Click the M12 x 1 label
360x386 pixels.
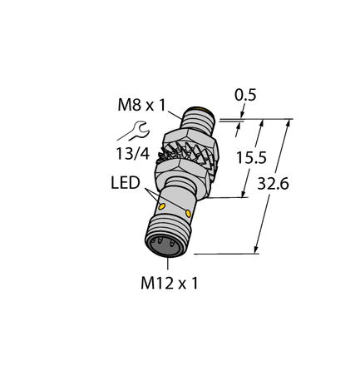[170, 284]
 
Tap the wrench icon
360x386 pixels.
[136, 128]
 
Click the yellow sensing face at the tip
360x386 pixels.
[200, 109]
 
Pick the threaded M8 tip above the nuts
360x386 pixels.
[200, 119]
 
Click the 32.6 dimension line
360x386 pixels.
[272, 186]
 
